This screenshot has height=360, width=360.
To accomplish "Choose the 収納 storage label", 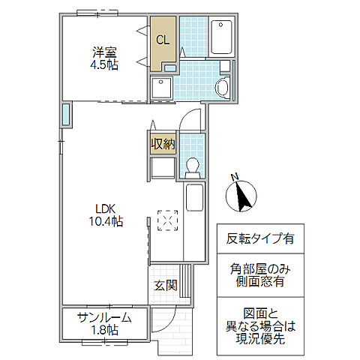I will point(163,143).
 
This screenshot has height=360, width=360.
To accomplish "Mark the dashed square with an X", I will point(168,220).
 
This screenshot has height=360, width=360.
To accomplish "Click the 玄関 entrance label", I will point(166,285).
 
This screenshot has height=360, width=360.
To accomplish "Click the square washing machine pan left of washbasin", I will point(160,88).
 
